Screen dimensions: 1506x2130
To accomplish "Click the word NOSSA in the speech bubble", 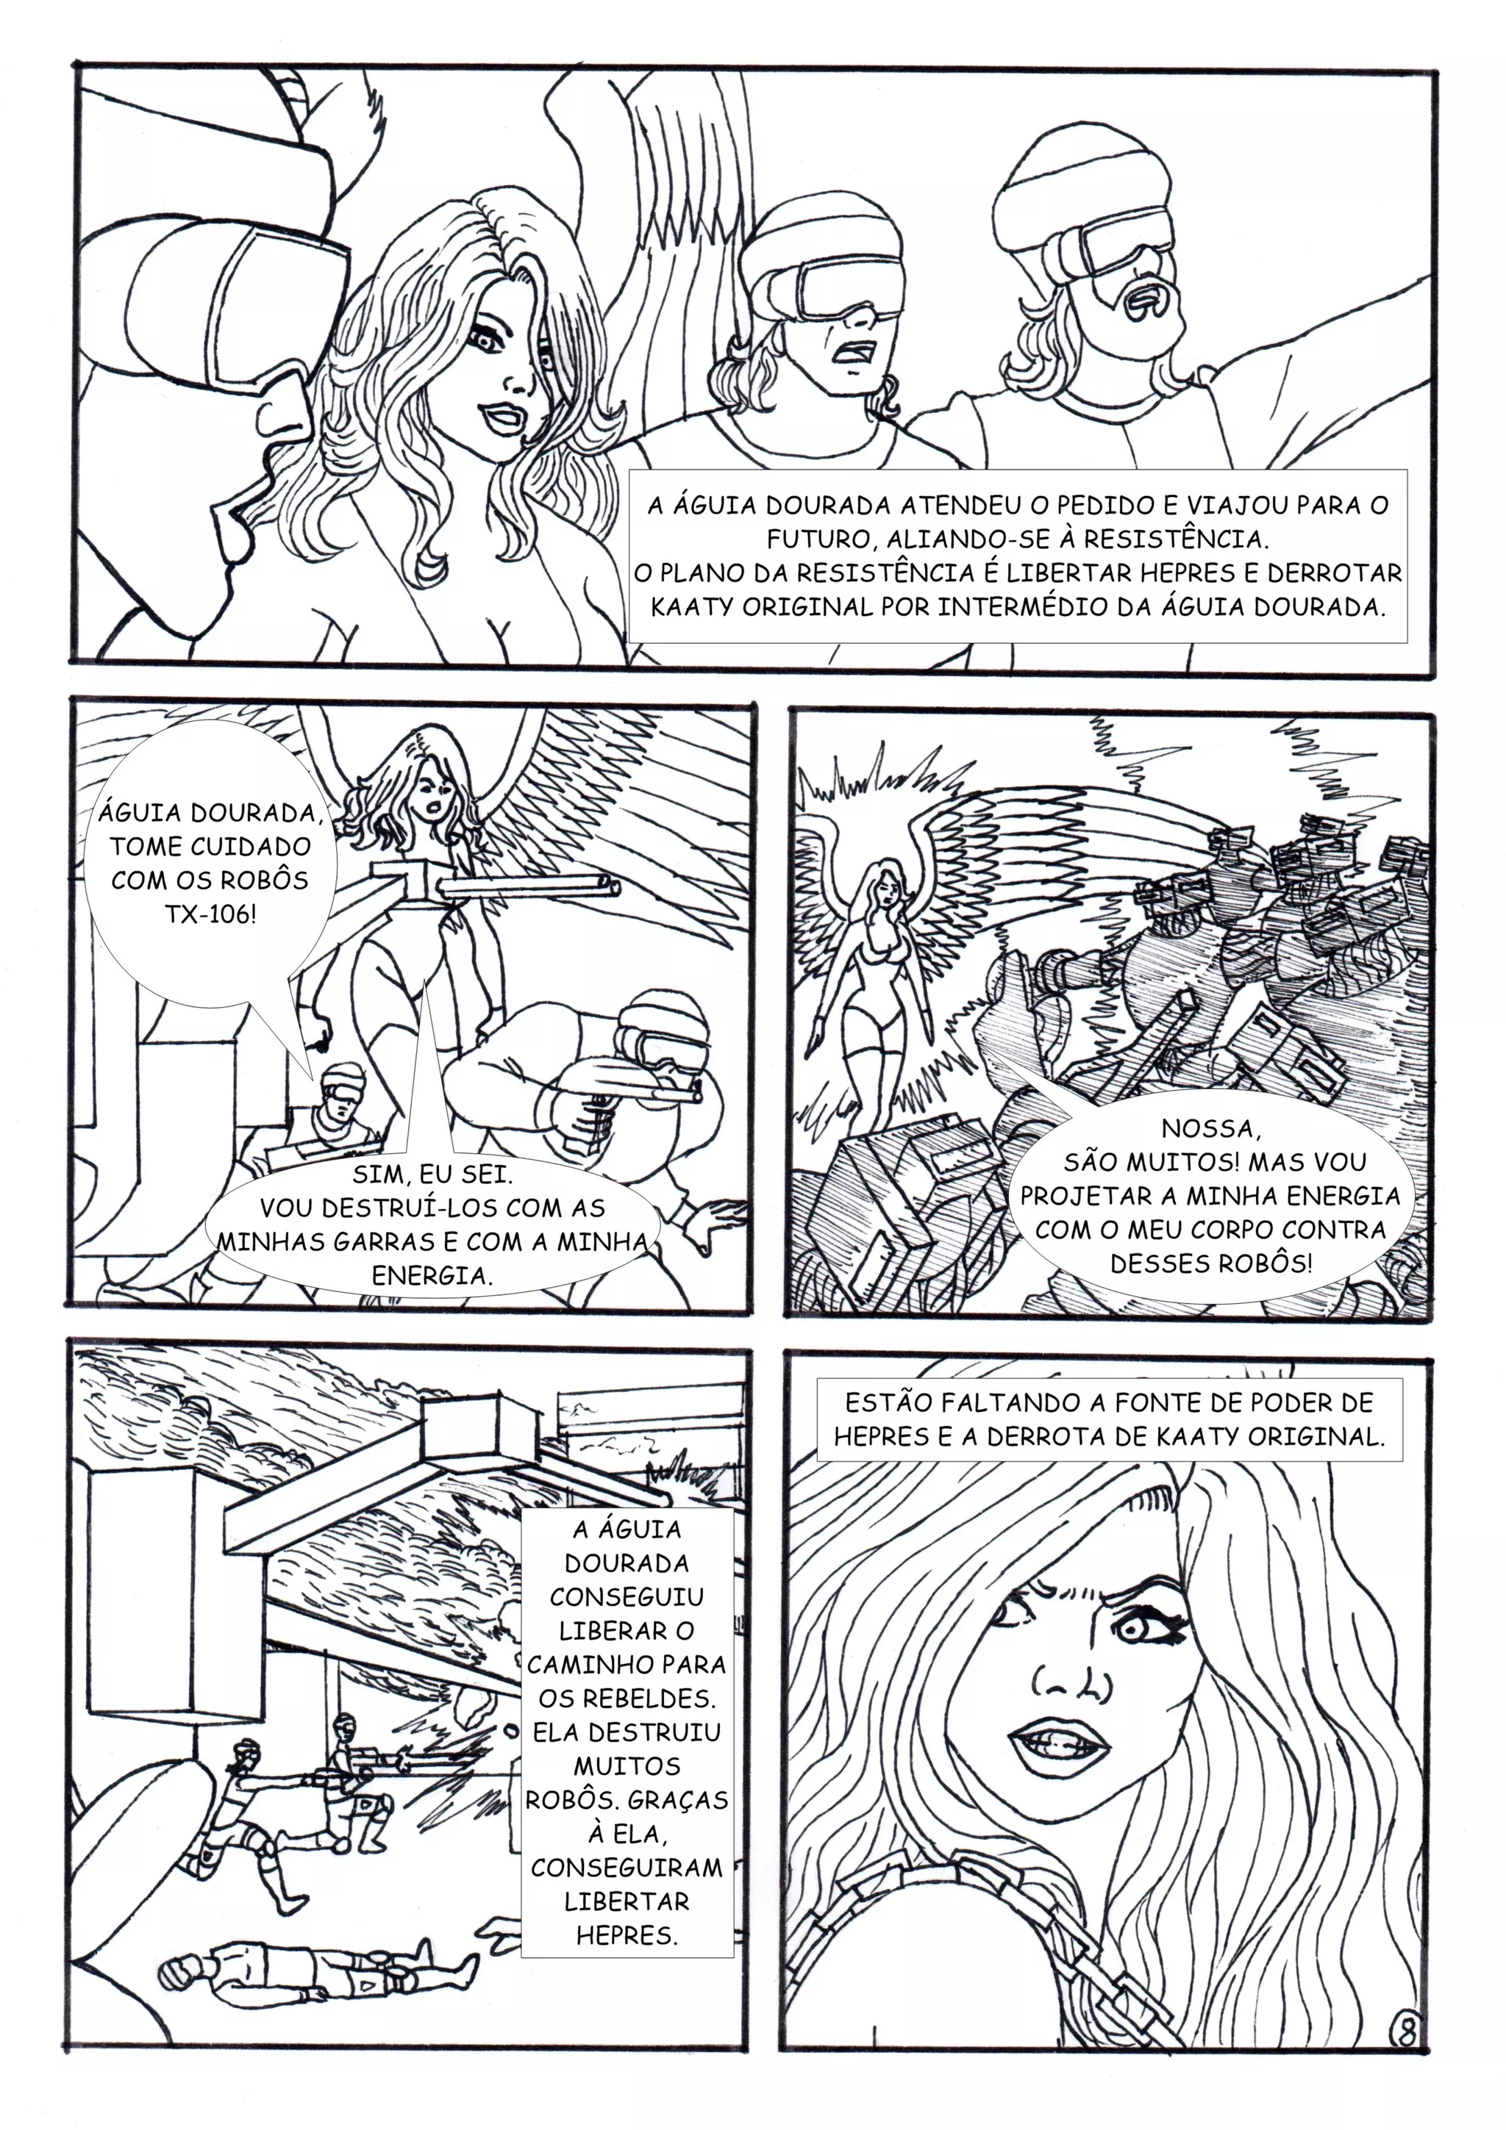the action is tap(1210, 1129).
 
